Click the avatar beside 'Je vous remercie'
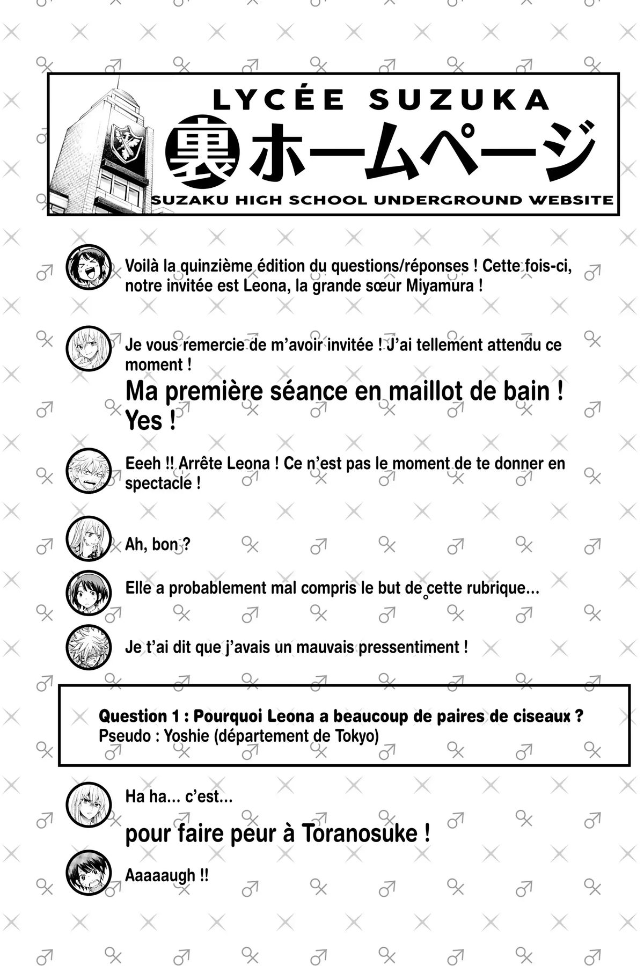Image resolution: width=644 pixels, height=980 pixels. pos(89,348)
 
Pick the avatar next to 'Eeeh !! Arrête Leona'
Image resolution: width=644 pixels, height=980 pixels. pos(89,471)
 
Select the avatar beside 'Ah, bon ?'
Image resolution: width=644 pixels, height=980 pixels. pos(89,538)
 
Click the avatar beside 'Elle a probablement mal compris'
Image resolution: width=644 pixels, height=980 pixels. pos(89,593)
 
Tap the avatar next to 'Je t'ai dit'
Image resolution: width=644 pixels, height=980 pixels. pos(89,647)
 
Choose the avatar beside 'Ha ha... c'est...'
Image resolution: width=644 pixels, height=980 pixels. pos(89,806)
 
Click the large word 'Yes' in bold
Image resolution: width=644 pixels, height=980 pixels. pos(143,421)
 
